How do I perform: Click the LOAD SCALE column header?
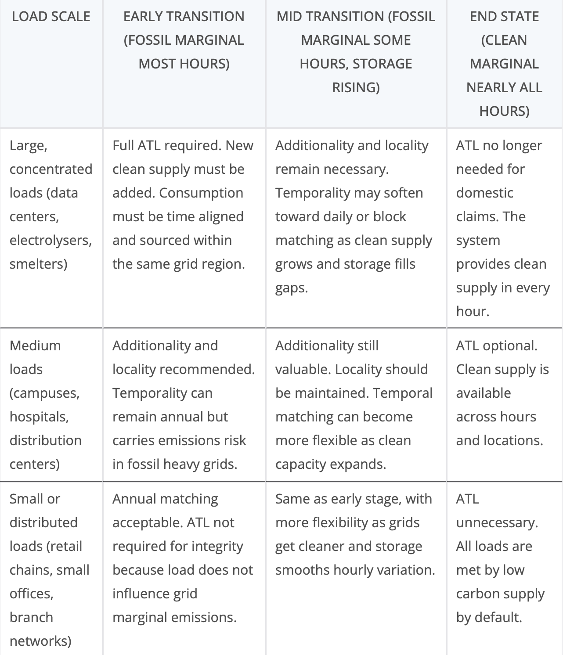51,17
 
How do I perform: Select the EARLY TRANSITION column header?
184,17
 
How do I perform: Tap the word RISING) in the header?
356,87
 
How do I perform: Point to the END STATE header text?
504,17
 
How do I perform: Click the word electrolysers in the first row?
50,240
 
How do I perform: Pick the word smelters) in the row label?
38,264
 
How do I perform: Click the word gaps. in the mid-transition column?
292,288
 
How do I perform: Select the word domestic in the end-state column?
484,193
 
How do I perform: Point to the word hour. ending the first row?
473,311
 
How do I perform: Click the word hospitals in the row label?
39,417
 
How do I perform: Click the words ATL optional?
496,345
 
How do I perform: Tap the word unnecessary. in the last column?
497,522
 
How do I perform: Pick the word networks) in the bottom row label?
40,641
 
